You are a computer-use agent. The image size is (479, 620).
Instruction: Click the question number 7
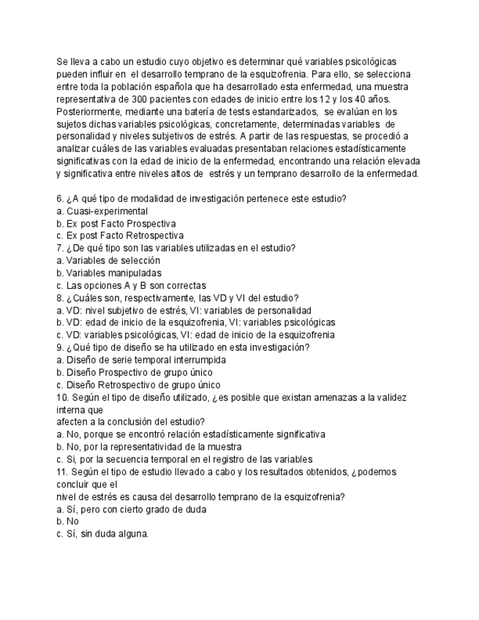pos(59,248)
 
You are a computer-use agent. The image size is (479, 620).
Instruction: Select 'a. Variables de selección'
pos(108,260)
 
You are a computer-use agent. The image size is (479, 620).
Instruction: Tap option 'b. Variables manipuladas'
pos(109,273)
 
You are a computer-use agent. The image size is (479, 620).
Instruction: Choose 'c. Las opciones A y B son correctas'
pos(131,285)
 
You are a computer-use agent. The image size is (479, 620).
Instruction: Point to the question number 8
pos(59,298)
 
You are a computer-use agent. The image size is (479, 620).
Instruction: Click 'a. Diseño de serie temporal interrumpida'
pos(141,360)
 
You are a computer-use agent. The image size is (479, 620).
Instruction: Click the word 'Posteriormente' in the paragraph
pos(86,112)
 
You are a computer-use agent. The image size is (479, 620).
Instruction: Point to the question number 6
pos(59,198)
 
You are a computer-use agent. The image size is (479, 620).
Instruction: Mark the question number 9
pos(59,347)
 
